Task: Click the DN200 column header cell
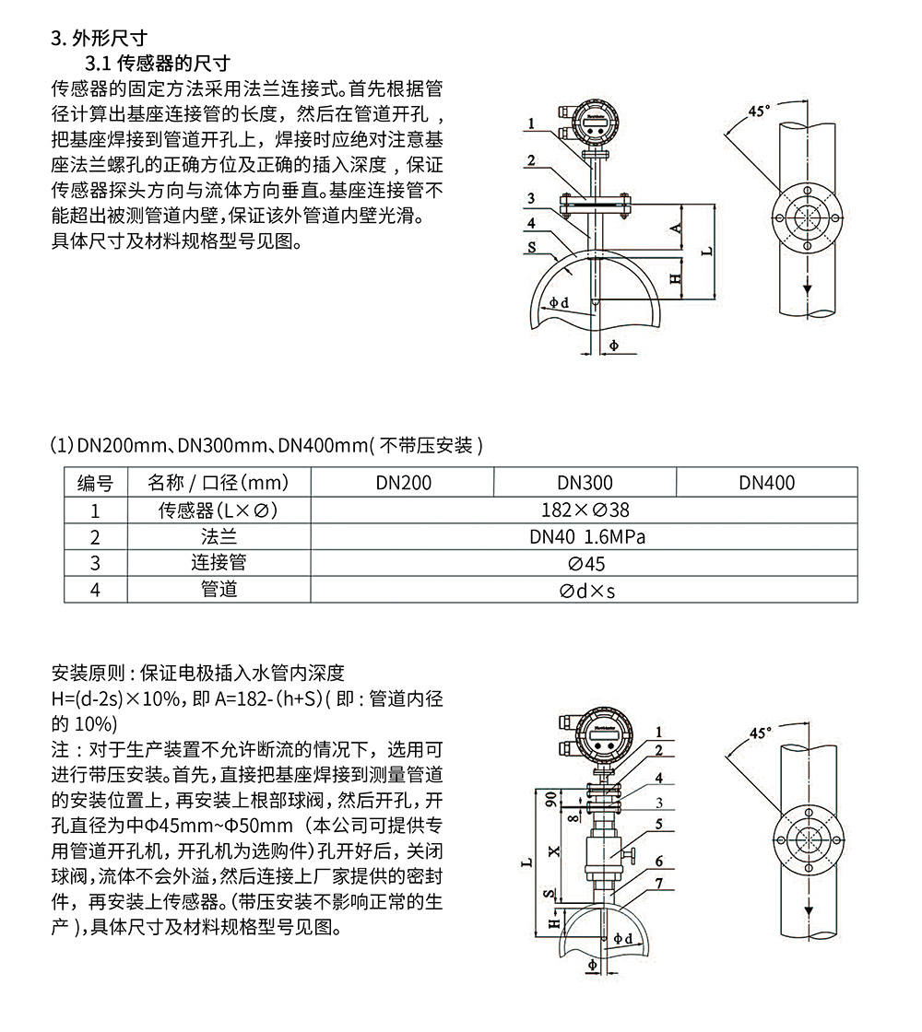coord(403,483)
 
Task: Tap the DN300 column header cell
coord(585,483)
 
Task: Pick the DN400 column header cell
coord(766,483)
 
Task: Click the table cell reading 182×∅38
coord(585,510)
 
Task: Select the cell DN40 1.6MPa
coord(585,536)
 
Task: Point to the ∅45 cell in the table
coord(585,563)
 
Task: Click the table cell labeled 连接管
coord(219,563)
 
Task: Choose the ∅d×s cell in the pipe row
coord(585,590)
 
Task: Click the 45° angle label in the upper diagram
coord(758,111)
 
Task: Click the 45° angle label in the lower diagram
coord(758,733)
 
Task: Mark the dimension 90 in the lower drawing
coord(551,798)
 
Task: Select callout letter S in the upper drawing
coord(533,247)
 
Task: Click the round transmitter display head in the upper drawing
coord(596,119)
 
